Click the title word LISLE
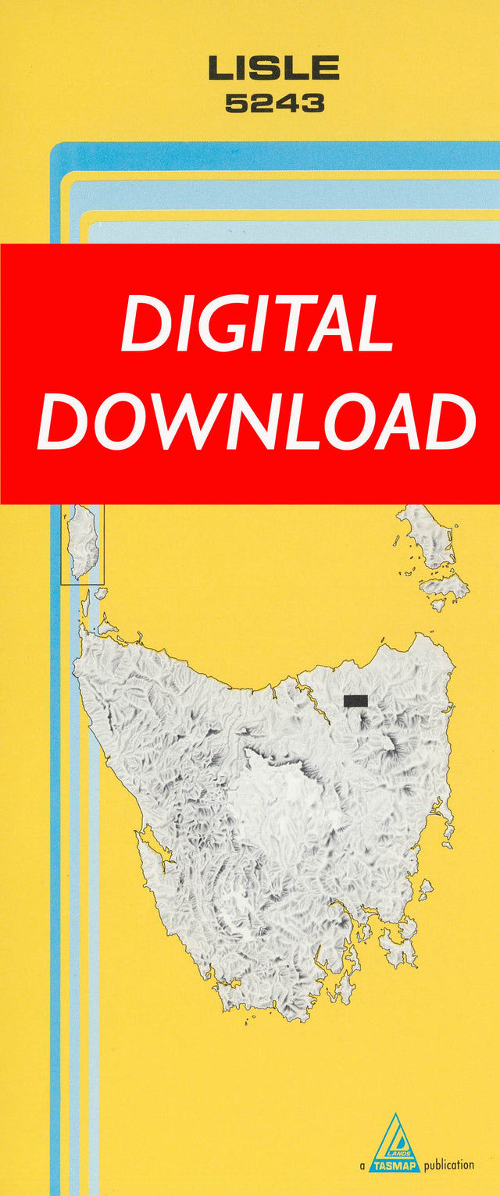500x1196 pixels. point(273,69)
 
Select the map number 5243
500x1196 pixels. point(274,104)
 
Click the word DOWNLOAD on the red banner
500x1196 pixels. point(257,422)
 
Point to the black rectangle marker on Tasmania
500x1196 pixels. point(355,700)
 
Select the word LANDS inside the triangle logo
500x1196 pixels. point(398,1145)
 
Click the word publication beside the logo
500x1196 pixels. point(449,1165)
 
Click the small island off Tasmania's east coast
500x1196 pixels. point(425,888)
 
